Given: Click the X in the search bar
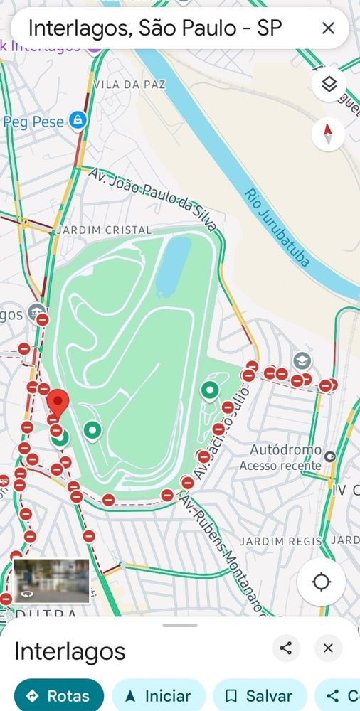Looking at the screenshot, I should coord(328,28).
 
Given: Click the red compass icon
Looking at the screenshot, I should coord(328,133).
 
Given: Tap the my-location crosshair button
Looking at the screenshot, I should coord(321,582).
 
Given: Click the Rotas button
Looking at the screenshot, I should coord(59,695).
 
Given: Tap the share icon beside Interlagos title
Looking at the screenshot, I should coord(286,648).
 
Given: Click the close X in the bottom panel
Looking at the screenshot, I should coord(328,648).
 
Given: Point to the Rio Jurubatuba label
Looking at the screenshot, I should coord(277,228).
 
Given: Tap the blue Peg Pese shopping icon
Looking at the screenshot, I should coord(78,121).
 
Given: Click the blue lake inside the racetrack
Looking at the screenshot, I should coord(174,267).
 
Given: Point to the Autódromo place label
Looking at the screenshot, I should coord(283,450).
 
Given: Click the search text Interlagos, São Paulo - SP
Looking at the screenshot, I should coord(155,28).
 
